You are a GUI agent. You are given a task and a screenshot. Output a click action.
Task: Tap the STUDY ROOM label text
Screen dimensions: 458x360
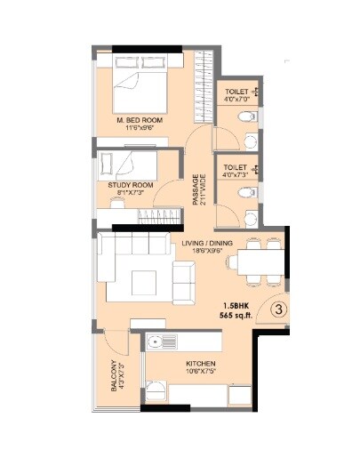[130, 184]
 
